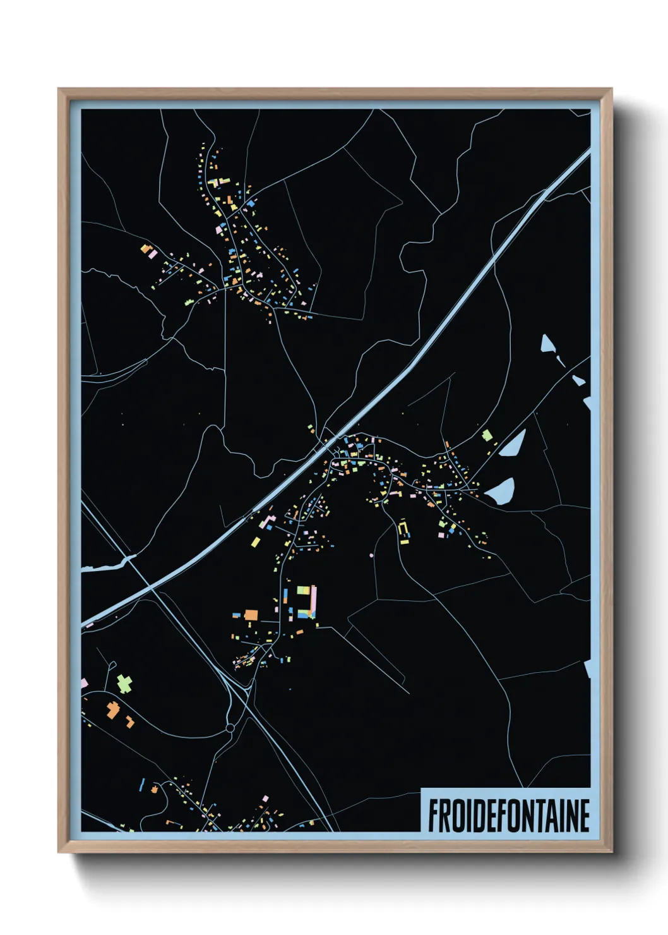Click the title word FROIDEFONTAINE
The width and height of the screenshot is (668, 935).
pos(508,815)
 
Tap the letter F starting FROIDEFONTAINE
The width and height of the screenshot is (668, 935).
pos(434,815)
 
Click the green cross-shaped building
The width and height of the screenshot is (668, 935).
pos(124,684)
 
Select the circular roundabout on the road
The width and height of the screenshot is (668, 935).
pos(230,728)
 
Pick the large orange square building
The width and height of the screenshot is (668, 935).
pos(251,615)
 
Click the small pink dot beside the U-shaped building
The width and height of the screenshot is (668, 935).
pos(371,555)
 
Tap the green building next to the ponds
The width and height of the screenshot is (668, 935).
pos(487,435)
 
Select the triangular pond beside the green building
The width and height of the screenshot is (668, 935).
pos(512,444)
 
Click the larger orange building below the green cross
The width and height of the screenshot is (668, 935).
pos(113,710)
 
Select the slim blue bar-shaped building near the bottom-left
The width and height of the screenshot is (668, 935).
pos(141,785)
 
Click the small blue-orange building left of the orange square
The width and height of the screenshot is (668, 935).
pos(237,614)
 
